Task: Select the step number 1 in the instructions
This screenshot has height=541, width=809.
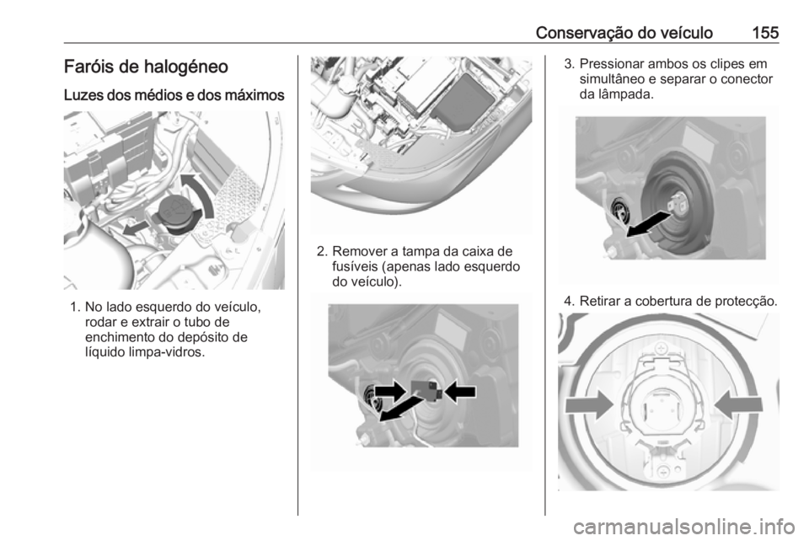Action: click(x=74, y=308)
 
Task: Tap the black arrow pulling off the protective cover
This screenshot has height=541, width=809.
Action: click(x=653, y=223)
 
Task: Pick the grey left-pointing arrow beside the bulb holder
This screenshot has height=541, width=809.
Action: click(x=742, y=406)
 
